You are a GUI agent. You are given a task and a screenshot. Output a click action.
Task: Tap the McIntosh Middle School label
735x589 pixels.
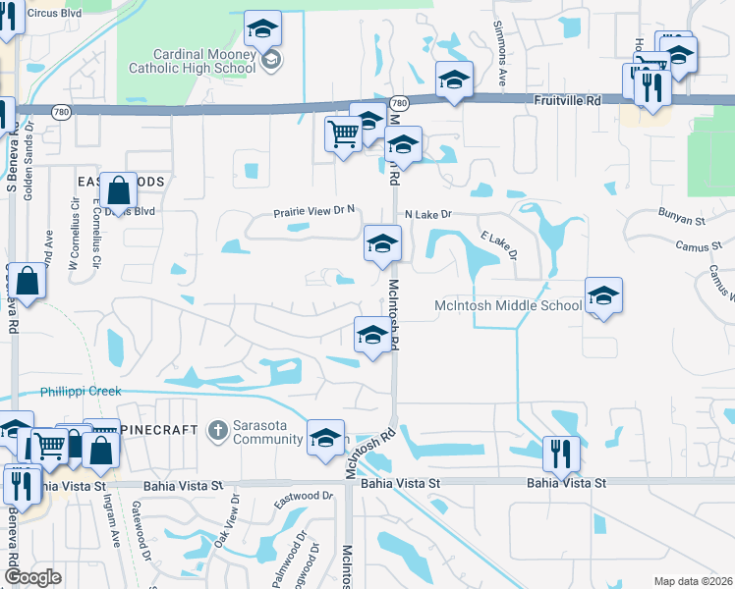508,306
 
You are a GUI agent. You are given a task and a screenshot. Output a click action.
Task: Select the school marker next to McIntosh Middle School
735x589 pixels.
603,295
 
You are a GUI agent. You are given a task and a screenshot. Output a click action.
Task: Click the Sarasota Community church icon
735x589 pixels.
217,429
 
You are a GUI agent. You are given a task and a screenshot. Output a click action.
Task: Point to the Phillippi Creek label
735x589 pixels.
81,392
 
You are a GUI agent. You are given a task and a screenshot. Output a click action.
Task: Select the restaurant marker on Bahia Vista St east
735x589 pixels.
560,454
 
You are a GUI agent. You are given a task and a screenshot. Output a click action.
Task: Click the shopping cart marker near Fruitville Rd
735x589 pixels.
343,134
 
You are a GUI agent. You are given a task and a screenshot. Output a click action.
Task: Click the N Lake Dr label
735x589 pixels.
427,214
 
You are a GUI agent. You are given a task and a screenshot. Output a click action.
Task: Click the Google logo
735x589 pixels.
32,577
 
